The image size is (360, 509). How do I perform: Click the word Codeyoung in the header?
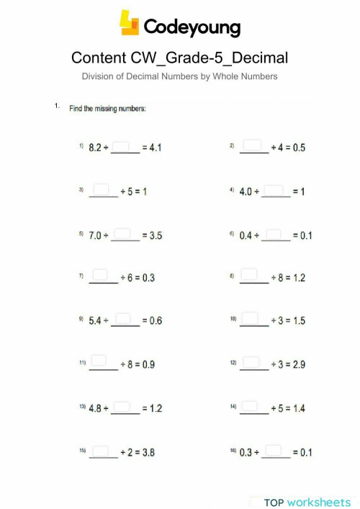[192, 27]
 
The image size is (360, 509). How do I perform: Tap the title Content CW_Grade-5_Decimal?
[180, 58]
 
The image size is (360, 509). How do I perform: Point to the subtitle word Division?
[100, 76]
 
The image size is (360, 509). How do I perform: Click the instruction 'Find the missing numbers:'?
[107, 109]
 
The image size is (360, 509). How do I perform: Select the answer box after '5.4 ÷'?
[123, 319]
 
